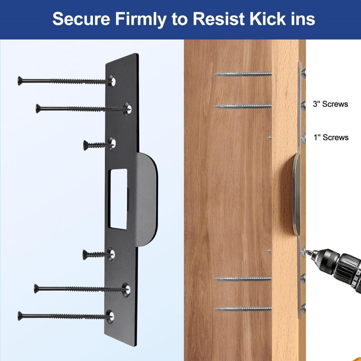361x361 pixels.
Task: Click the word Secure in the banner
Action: point(81,19)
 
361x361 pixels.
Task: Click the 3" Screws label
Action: point(330,104)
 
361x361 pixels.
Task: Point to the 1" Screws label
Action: point(331,137)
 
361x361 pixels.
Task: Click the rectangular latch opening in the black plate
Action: point(119,199)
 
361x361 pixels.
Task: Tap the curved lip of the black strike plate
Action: point(148,199)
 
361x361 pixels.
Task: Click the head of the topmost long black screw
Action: point(20,81)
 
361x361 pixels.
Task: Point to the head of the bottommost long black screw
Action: point(20,316)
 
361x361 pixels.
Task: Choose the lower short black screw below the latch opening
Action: point(98,255)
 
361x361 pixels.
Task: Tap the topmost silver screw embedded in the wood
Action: point(242,74)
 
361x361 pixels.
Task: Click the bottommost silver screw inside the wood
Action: point(242,309)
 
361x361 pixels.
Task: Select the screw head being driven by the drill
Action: point(303,251)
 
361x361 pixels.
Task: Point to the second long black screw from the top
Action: point(83,108)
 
